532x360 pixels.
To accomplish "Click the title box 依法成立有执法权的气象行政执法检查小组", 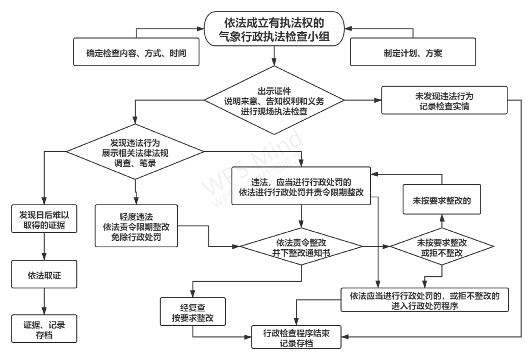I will [274, 29].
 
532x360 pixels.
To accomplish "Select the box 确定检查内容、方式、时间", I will [136, 53].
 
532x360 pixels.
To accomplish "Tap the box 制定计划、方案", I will [413, 53].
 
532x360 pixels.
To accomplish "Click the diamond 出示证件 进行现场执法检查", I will [274, 101].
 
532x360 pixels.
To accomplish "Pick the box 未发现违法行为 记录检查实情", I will [444, 101].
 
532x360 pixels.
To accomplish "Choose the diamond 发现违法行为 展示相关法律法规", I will [135, 152].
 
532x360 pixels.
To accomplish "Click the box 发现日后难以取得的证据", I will [44, 219].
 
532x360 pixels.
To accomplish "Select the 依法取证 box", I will [44, 275].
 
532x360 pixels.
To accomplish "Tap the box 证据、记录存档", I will [44, 329].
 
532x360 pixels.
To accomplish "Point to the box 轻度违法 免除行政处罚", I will [136, 226].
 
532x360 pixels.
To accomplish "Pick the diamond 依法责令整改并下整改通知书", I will [301, 247].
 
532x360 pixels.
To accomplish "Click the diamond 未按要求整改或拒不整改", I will [441, 247].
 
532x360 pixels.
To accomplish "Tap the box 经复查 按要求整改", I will [193, 312].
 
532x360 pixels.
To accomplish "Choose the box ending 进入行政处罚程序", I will [424, 300].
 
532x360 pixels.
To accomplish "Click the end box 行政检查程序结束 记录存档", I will [296, 337].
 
